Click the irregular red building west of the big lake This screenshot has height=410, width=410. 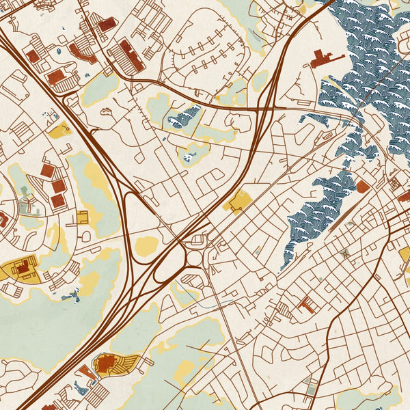pyautogui.click(x=327, y=59)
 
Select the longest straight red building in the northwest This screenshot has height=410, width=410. pyautogui.click(x=131, y=55)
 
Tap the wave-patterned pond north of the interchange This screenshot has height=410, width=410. pyautogui.click(x=185, y=118)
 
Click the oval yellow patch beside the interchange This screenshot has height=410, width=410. pyautogui.click(x=147, y=246)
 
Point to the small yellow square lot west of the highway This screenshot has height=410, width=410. pyautogui.click(x=83, y=217)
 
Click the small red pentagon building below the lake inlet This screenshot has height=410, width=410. pyautogui.click(x=362, y=186)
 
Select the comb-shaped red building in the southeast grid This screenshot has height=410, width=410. pyautogui.click(x=305, y=305)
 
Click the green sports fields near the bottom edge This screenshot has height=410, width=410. pyautogui.click(x=312, y=386)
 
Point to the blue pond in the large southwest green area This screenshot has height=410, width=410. pyautogui.click(x=70, y=295)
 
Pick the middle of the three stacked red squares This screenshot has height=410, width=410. pyautogui.click(x=59, y=185)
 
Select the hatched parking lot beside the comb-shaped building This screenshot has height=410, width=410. pyautogui.click(x=283, y=310)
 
